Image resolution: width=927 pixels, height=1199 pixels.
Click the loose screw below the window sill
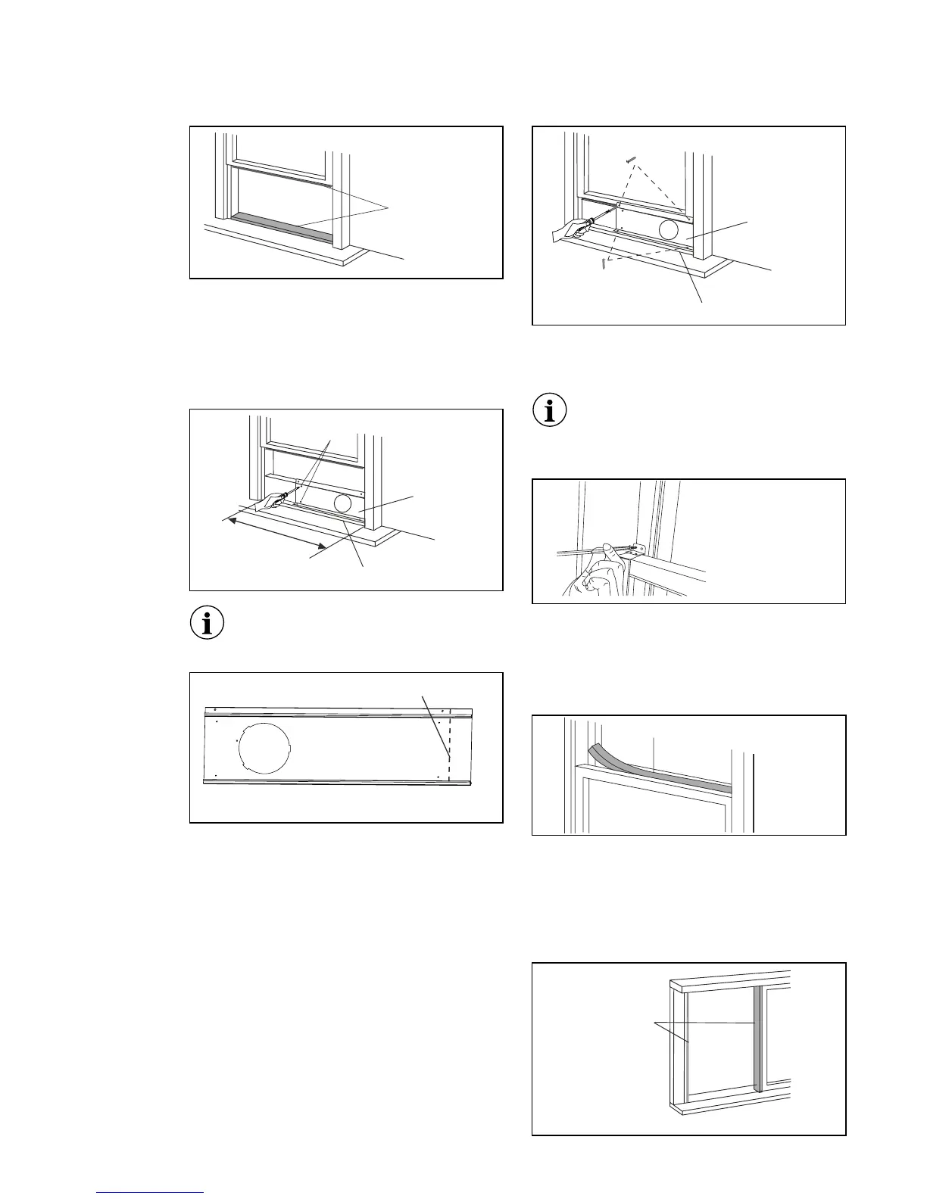tap(604, 263)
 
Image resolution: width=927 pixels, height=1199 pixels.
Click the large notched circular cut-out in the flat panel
tap(264, 745)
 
